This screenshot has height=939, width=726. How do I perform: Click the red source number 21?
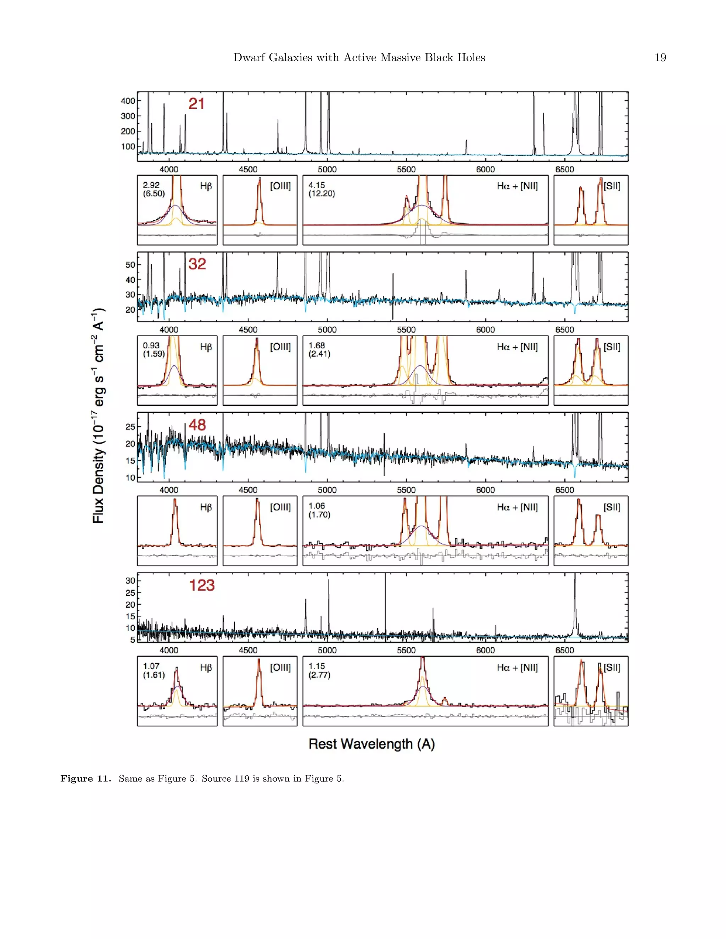pyautogui.click(x=196, y=104)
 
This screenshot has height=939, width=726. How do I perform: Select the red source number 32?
pyautogui.click(x=197, y=264)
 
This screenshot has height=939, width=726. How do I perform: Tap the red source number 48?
pyautogui.click(x=197, y=425)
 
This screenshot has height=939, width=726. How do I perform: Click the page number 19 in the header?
pyautogui.click(x=660, y=58)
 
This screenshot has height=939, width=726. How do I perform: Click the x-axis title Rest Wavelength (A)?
pyautogui.click(x=372, y=744)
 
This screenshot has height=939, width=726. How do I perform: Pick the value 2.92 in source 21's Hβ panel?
pyautogui.click(x=151, y=185)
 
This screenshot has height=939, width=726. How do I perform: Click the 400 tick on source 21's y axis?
pyautogui.click(x=128, y=101)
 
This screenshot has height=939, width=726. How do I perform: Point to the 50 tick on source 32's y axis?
pyautogui.click(x=130, y=265)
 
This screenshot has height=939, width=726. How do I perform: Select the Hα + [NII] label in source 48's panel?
pyautogui.click(x=517, y=507)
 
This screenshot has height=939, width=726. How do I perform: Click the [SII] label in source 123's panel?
pyautogui.click(x=612, y=668)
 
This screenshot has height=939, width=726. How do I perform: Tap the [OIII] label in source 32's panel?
pyautogui.click(x=280, y=347)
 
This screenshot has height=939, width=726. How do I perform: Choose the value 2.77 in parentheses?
pyautogui.click(x=319, y=675)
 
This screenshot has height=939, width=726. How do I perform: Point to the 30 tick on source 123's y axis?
pyautogui.click(x=130, y=580)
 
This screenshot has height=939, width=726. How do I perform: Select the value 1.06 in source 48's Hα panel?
pyautogui.click(x=317, y=506)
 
